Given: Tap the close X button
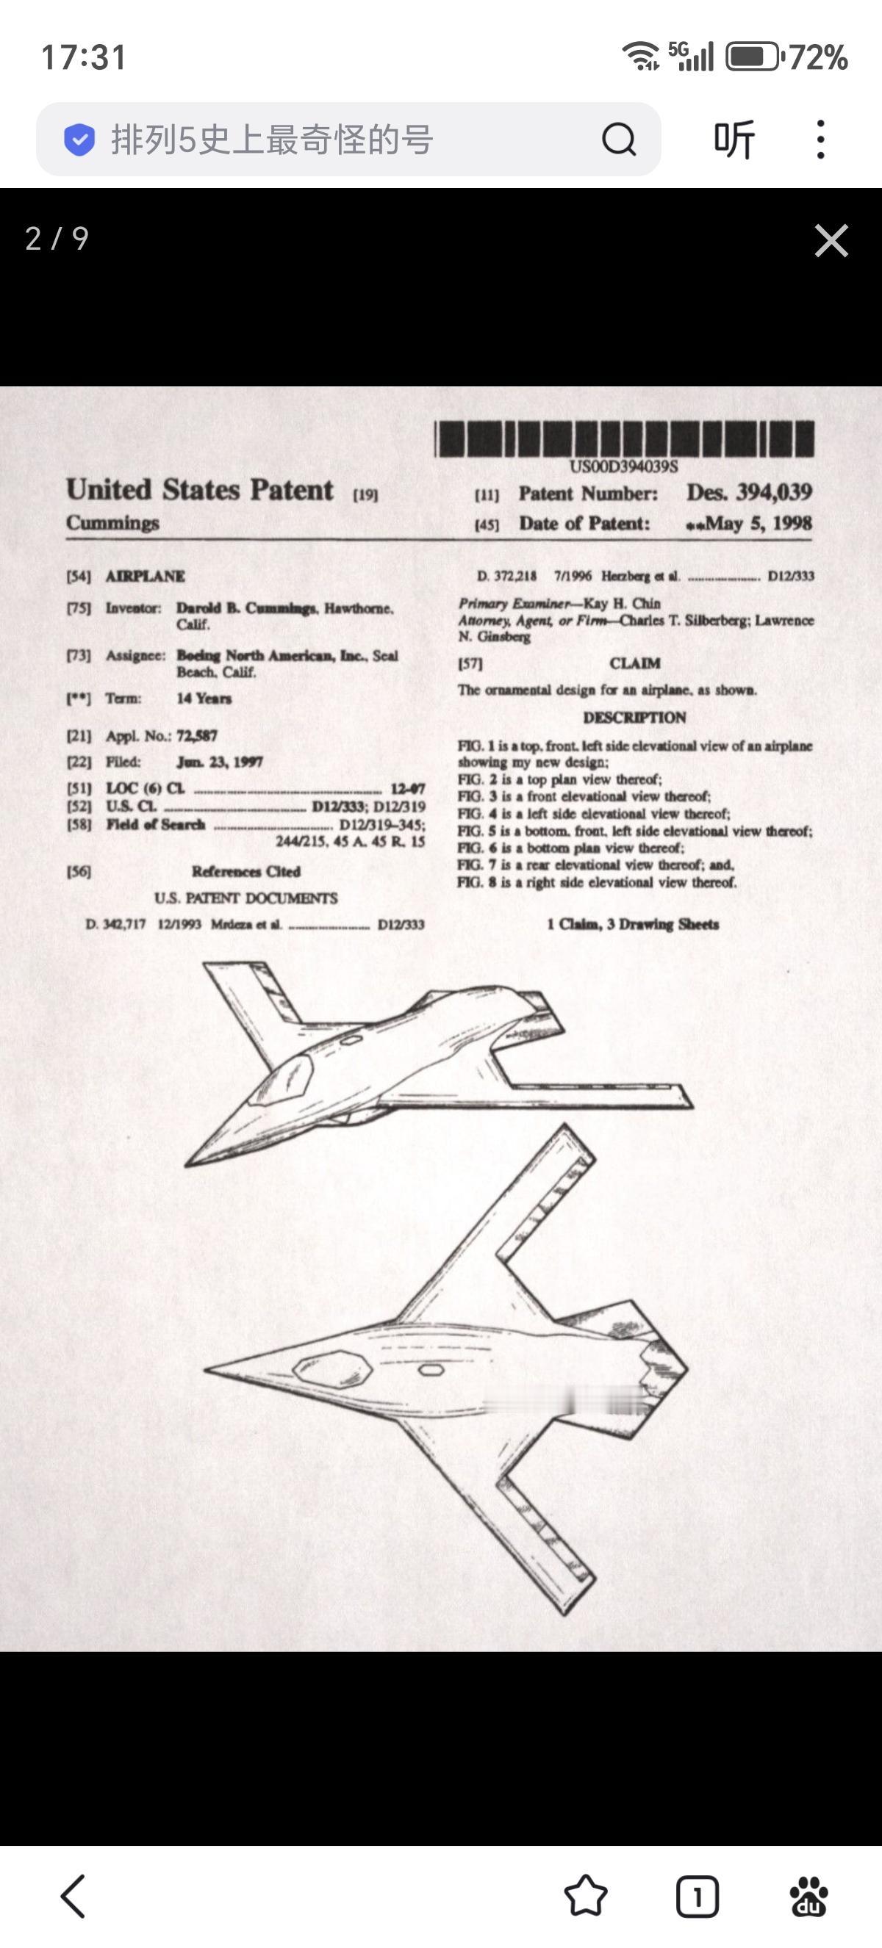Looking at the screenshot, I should [831, 240].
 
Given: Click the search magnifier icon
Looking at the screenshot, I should [618, 139].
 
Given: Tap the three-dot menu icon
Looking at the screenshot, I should [821, 139].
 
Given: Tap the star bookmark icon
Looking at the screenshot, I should [586, 1896].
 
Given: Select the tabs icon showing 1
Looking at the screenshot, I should [697, 1896].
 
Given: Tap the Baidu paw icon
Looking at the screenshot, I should [808, 1896].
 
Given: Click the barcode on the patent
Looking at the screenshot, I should [624, 439].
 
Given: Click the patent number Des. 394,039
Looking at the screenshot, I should [749, 492].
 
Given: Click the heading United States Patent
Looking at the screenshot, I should [200, 490].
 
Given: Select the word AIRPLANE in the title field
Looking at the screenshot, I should [146, 576].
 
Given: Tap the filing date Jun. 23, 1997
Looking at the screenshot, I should [219, 762].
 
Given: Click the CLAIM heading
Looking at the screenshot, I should [634, 663].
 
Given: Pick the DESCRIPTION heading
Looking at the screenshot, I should [634, 717].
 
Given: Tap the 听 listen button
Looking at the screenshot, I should [734, 139].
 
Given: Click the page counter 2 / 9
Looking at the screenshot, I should [57, 239].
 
